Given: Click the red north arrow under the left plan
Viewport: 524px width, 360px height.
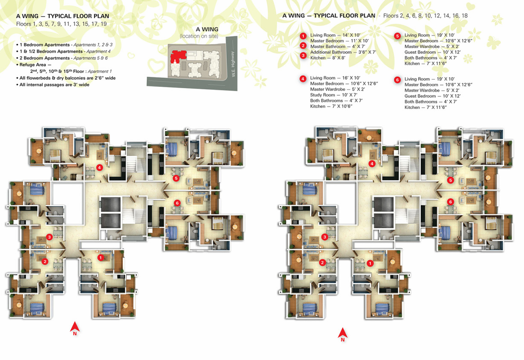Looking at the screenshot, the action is click(x=75, y=328).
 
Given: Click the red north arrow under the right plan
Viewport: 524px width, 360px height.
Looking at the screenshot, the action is click(x=343, y=334).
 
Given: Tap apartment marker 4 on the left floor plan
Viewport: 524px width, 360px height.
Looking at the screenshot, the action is click(x=99, y=168).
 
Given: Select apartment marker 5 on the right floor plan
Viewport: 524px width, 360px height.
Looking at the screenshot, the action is click(x=450, y=180).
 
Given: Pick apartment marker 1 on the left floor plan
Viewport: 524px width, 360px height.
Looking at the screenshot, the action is click(x=100, y=257).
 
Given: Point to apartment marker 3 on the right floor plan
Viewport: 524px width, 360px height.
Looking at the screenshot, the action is click(x=324, y=237).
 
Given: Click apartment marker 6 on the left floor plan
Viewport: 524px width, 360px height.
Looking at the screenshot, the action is click(x=177, y=203).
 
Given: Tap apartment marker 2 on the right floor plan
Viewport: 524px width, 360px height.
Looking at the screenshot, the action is click(x=322, y=263).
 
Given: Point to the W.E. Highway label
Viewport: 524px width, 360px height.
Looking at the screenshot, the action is click(x=233, y=64).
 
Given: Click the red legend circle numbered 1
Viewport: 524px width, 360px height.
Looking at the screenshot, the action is click(x=303, y=36).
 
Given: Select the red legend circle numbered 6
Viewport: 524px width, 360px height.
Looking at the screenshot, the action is click(x=397, y=80).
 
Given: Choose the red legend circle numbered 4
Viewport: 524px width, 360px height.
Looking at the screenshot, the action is click(x=303, y=79).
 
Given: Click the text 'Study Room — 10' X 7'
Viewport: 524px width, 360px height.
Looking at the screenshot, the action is click(x=334, y=95).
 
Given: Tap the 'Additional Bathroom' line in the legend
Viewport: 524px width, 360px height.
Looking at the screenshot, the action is click(x=343, y=52).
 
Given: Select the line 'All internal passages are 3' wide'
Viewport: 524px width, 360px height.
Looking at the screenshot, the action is click(x=53, y=85).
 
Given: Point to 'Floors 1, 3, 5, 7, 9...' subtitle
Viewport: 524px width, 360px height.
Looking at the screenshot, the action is click(x=61, y=24).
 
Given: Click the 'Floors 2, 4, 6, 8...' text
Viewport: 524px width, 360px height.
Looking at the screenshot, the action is click(x=425, y=16).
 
